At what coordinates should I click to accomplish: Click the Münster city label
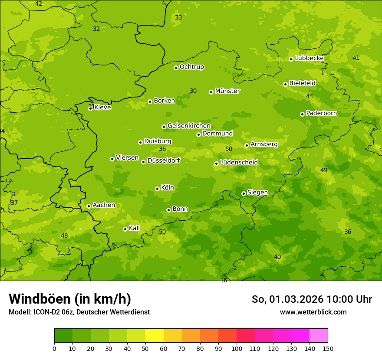tap(227, 91)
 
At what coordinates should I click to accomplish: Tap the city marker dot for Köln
tap(157, 189)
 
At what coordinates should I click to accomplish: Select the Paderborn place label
tap(321, 113)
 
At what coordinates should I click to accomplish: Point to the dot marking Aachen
tap(89, 206)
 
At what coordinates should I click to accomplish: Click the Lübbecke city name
tap(309, 58)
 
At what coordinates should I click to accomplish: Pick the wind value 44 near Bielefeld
tap(310, 96)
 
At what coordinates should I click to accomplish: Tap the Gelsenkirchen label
tap(189, 126)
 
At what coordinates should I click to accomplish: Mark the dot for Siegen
tap(244, 193)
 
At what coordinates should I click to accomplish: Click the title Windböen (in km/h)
tap(70, 299)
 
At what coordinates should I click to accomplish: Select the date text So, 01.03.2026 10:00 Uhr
tap(312, 299)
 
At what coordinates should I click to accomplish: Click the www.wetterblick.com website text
tap(313, 312)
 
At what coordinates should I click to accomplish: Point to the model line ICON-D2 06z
tap(79, 312)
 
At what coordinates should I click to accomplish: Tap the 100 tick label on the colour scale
tap(237, 348)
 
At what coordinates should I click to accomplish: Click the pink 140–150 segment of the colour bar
tap(319, 336)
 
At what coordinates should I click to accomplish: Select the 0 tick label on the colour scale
tap(54, 348)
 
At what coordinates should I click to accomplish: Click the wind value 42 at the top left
tap(39, 3)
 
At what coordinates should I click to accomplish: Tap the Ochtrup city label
tap(191, 67)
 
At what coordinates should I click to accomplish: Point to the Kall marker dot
tap(125, 229)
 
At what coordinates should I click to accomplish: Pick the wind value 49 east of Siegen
tap(324, 170)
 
